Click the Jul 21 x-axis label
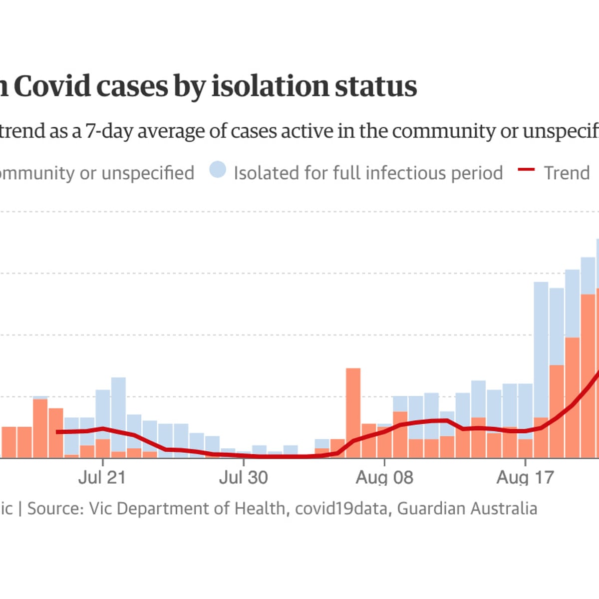(x=102, y=477)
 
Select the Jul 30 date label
(x=243, y=477)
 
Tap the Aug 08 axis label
(x=384, y=477)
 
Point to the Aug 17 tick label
(x=525, y=477)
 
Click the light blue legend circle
(x=218, y=170)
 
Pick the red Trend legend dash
(x=526, y=170)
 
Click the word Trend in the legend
(x=567, y=173)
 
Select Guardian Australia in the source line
(x=467, y=508)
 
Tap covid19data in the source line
(x=341, y=508)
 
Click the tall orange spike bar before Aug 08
(x=353, y=412)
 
